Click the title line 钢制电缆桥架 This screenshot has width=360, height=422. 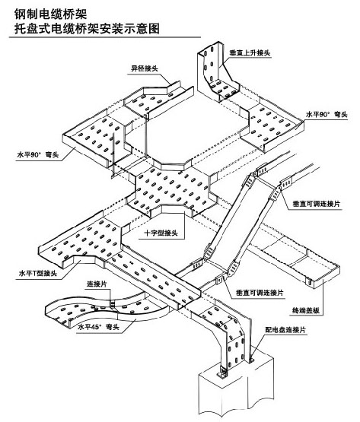tap(51, 14)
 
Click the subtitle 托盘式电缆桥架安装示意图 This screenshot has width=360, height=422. tap(87, 28)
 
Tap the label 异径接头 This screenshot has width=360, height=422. tap(144, 68)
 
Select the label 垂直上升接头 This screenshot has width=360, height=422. tap(250, 52)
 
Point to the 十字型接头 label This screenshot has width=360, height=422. tap(161, 233)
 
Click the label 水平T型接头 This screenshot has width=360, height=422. tap(38, 273)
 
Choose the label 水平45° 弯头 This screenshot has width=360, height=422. tap(98, 327)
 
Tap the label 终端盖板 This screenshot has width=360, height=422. tap(306, 310)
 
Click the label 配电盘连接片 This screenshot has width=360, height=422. tap(285, 330)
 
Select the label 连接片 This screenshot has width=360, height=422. tap(97, 284)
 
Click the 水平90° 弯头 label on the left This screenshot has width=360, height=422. tap(38, 155)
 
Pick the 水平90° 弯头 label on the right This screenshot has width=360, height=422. tap(327, 115)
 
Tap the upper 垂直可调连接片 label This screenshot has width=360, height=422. tap(317, 204)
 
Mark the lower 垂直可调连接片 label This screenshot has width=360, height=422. tap(260, 293)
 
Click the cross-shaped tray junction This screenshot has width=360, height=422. tap(172, 189)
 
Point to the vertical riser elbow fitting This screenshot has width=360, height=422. tap(218, 71)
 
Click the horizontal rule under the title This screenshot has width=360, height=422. tap(105, 36)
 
